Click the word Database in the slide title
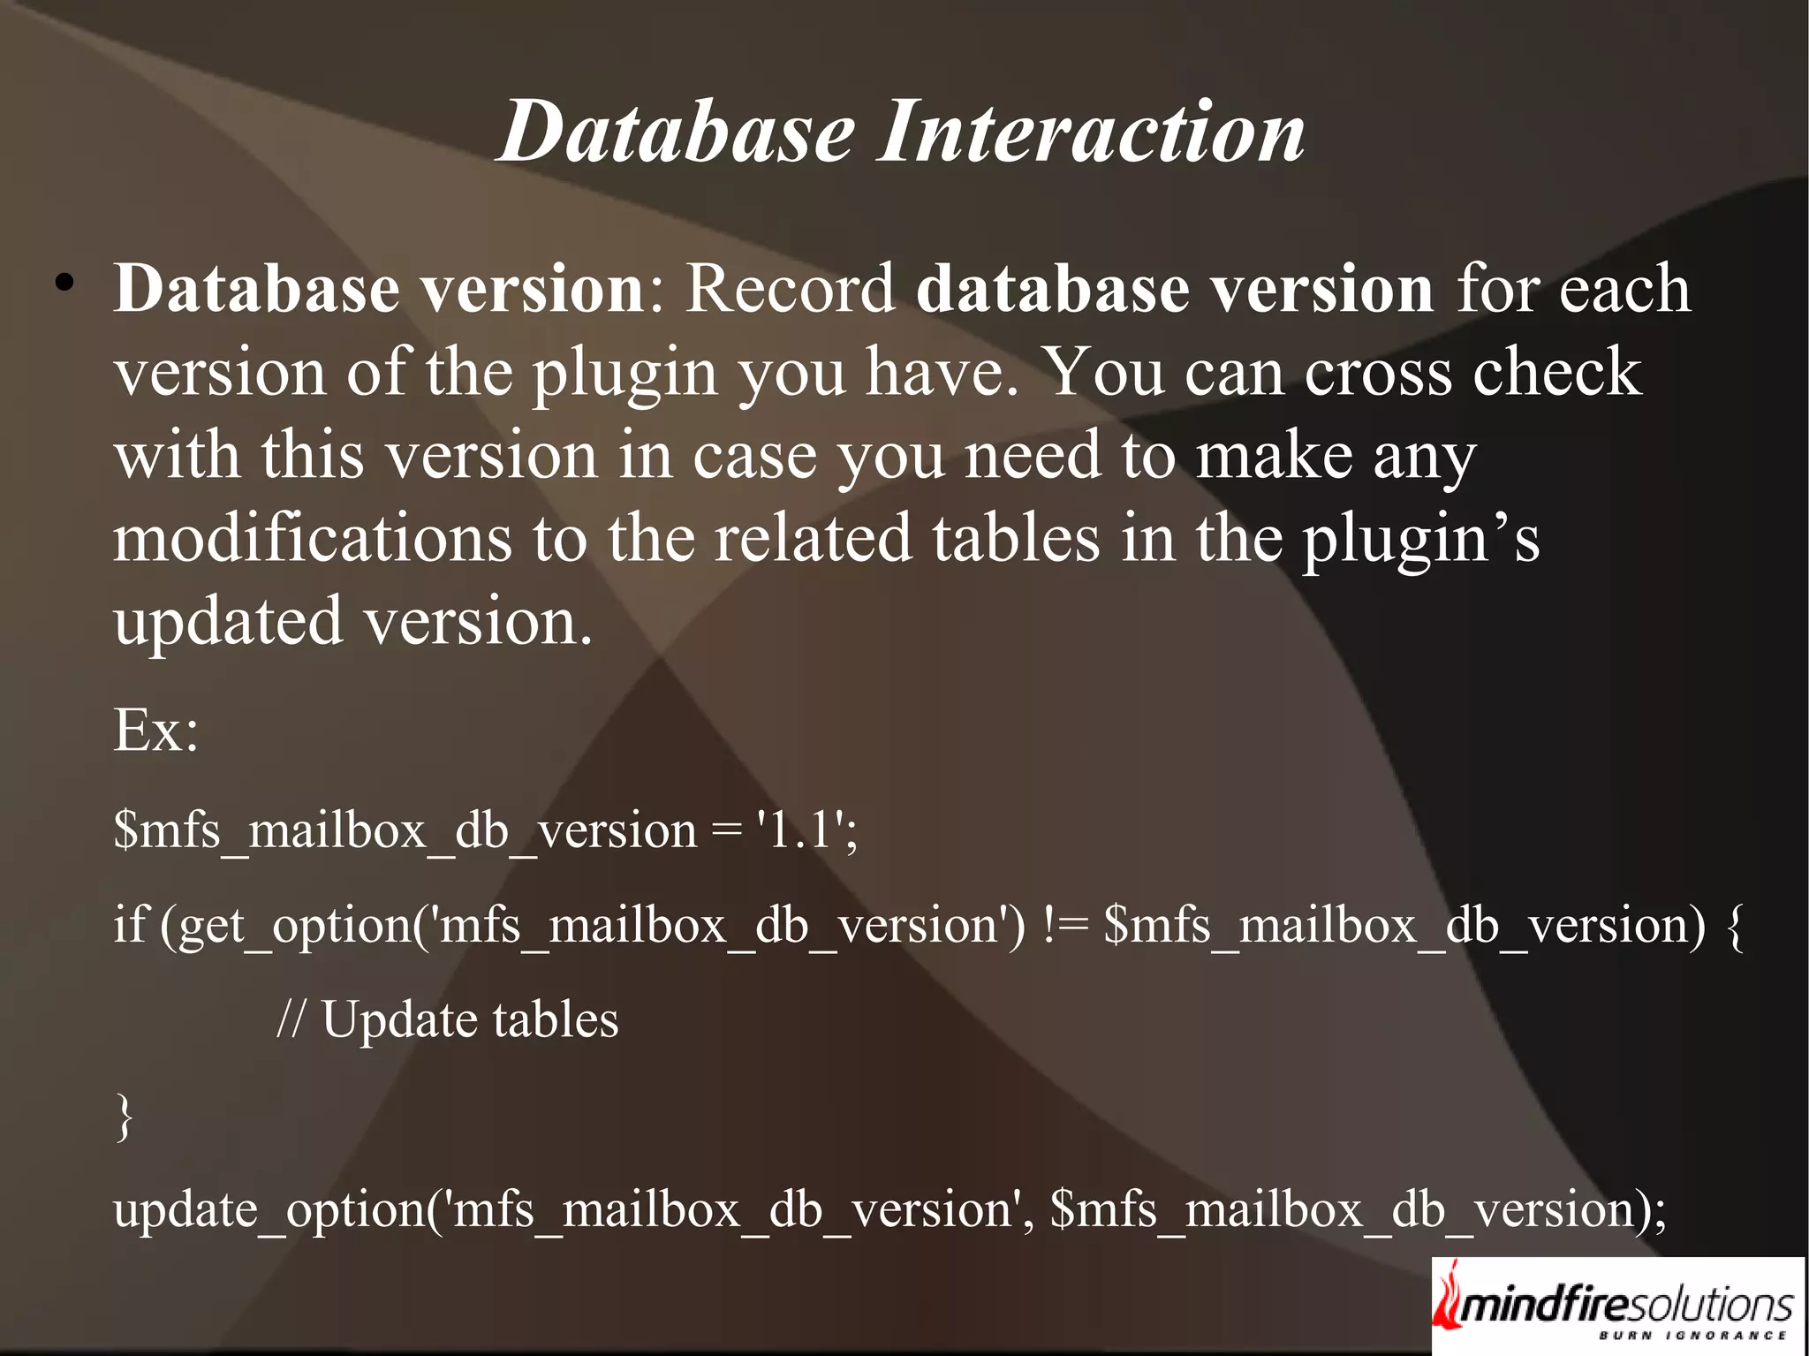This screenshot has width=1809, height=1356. click(677, 133)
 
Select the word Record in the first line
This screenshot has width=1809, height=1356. click(791, 290)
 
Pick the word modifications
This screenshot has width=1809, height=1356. click(312, 539)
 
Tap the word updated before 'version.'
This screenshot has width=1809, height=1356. click(228, 622)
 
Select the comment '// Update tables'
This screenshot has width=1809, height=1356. click(447, 1020)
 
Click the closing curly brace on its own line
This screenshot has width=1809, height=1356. click(125, 1117)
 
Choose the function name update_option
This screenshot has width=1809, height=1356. click(269, 1209)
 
